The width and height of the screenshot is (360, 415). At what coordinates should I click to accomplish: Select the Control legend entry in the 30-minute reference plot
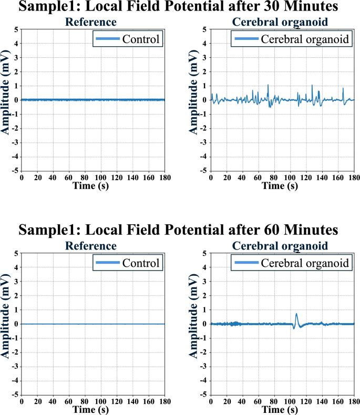(x=127, y=39)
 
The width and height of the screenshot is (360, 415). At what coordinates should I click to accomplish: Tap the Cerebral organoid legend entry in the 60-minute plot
(x=292, y=263)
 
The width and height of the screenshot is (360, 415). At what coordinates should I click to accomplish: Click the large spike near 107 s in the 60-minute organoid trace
(x=296, y=315)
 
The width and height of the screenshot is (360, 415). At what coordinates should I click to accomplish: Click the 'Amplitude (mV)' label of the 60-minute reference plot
(x=6, y=324)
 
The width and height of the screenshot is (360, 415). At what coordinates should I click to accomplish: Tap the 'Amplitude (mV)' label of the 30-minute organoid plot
(x=195, y=100)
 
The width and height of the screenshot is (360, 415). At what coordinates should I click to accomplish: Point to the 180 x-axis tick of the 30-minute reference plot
(x=164, y=178)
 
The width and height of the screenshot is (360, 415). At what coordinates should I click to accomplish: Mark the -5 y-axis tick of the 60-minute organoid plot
(x=204, y=395)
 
